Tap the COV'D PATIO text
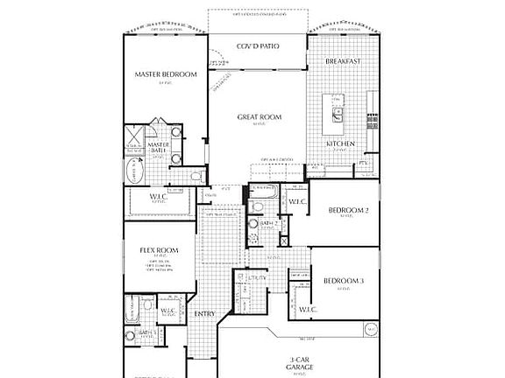point(259,45)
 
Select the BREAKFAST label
point(344,62)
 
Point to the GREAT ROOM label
point(259,116)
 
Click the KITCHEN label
point(341,143)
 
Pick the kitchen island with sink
point(337,108)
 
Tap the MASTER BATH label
point(158,149)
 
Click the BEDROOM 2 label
point(347,210)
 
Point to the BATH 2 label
point(269,224)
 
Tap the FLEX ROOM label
point(159,250)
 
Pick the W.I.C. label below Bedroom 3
point(307,309)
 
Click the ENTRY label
point(204,313)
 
